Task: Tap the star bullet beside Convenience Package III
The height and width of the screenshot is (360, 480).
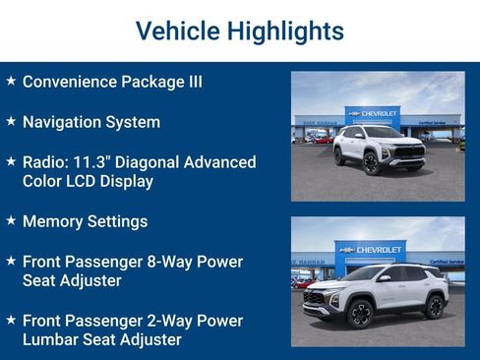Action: coord(10,80)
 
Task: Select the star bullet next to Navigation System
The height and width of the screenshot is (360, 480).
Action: coord(10,121)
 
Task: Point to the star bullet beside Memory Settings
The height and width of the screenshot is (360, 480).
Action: coord(10,219)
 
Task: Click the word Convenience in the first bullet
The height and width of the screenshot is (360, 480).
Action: coord(74,82)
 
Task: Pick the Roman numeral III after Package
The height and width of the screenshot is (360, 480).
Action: coord(195,82)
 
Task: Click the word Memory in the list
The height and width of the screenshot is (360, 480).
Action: coord(55,221)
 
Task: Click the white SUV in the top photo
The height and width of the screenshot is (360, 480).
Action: coord(378,148)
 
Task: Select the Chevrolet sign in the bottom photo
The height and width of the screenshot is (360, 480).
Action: coord(371,250)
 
